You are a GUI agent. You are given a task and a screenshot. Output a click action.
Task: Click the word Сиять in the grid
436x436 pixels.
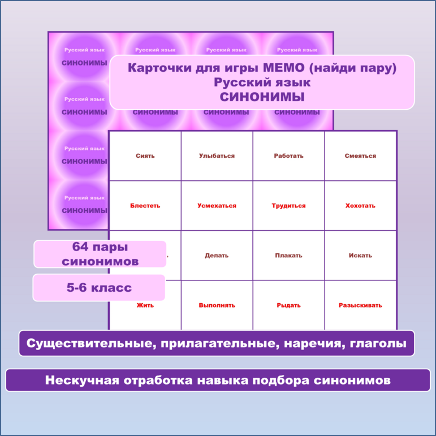point(145,156)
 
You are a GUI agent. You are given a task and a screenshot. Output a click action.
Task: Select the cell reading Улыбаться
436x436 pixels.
point(217,156)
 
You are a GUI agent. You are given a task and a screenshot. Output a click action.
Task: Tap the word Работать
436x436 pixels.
point(288,156)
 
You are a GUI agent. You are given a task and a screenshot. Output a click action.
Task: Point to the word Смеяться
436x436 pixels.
point(360,156)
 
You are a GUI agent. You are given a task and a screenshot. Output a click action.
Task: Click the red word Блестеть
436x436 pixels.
point(145,206)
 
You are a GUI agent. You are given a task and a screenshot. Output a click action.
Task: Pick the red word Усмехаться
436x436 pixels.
point(217,206)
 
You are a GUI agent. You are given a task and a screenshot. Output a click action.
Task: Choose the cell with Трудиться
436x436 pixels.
point(288,206)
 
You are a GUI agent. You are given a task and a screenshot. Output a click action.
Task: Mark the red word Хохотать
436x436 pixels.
point(360,206)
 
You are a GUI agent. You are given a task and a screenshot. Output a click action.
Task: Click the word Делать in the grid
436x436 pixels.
point(217,256)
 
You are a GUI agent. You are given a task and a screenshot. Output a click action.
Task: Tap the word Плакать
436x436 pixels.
point(288,256)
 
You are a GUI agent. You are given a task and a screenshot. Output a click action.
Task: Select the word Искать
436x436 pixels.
point(360,256)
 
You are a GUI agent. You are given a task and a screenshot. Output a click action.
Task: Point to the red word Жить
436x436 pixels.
point(145,305)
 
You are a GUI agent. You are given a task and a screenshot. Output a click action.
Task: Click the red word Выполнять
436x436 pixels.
point(217,305)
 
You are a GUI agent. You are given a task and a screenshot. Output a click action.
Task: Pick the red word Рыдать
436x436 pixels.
point(288,305)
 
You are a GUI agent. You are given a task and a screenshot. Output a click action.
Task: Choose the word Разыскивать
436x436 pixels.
point(360,305)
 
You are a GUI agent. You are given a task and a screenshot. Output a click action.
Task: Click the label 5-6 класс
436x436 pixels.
point(99,288)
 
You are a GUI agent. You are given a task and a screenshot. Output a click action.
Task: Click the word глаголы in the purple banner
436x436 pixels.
point(379,343)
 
